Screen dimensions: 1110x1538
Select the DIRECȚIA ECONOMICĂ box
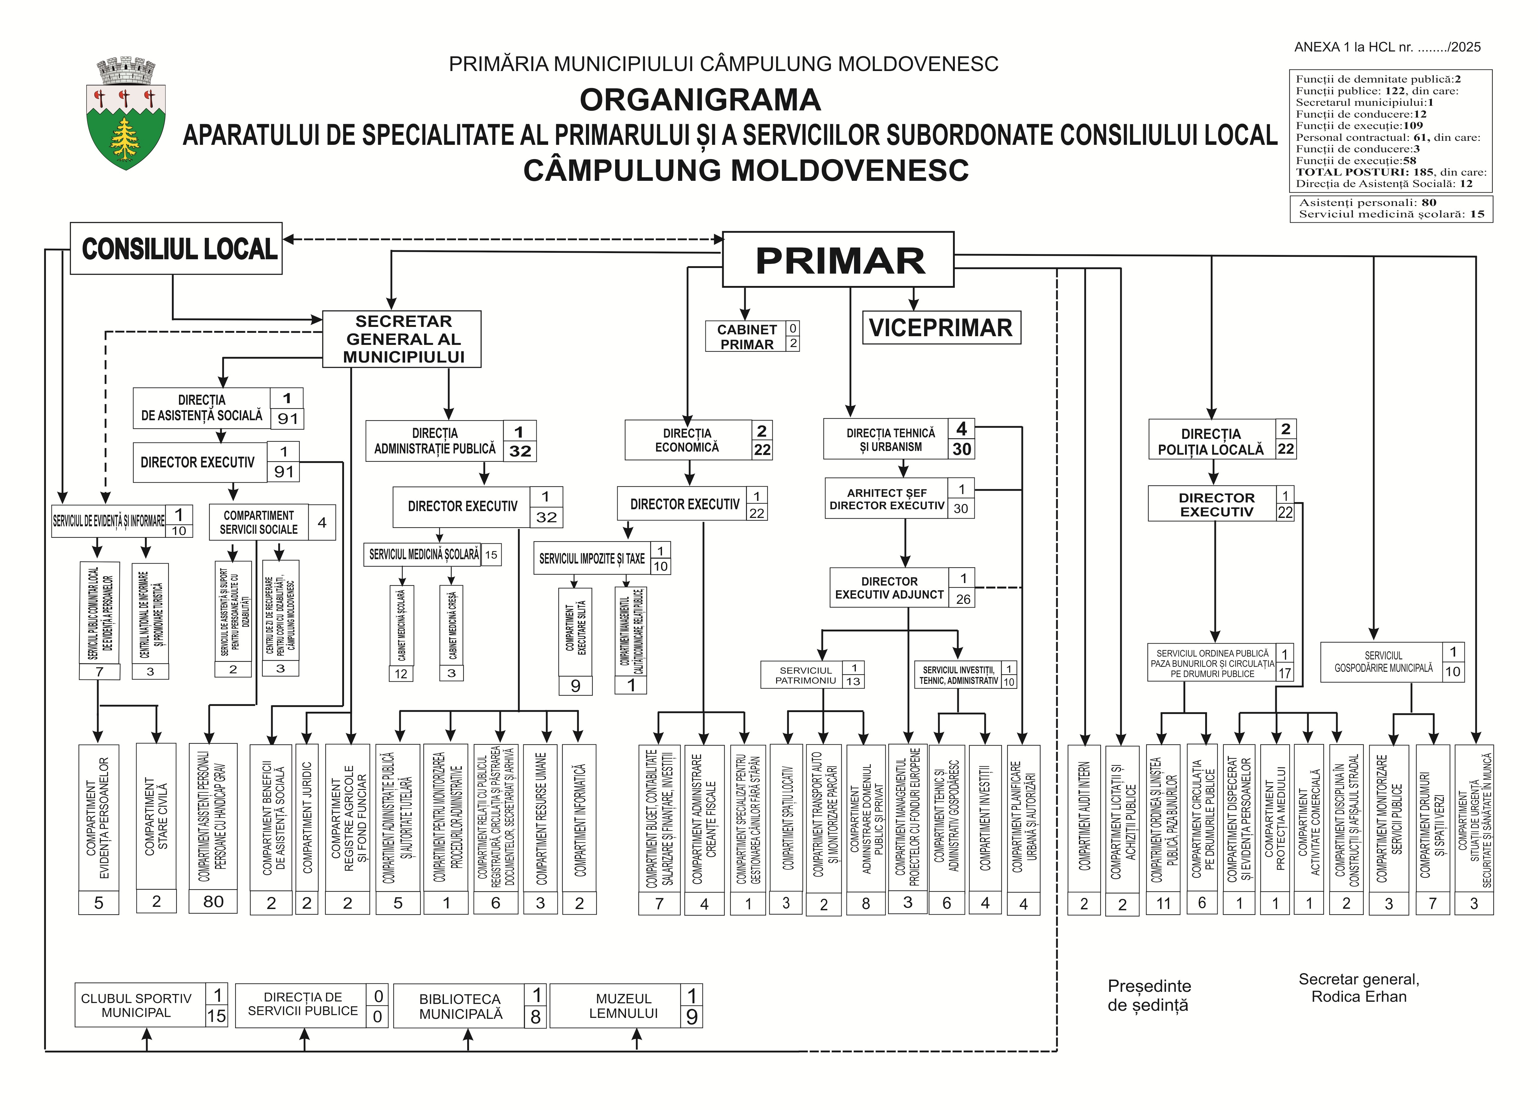coord(687,440)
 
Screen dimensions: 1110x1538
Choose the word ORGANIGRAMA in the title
coord(700,100)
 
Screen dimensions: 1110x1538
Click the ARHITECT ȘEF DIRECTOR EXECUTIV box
coord(886,499)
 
